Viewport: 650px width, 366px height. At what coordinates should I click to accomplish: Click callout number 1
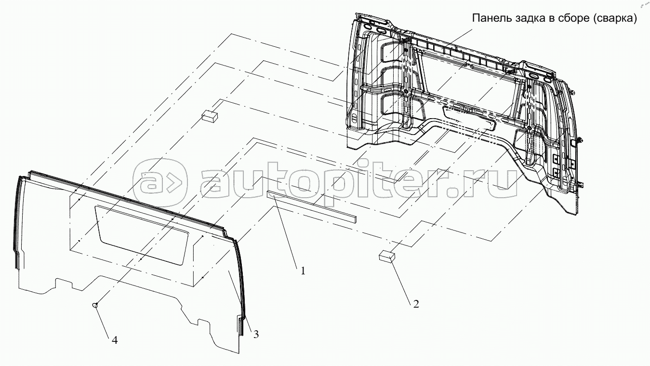click(x=303, y=271)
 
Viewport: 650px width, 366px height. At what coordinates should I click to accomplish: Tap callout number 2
click(x=416, y=304)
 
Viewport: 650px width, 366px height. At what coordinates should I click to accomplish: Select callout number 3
click(x=256, y=334)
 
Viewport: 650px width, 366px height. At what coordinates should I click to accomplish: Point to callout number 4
click(x=115, y=340)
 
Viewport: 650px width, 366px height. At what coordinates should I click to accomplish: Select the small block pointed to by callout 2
click(x=387, y=257)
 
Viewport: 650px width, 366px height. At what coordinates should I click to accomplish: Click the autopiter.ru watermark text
click(x=358, y=181)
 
